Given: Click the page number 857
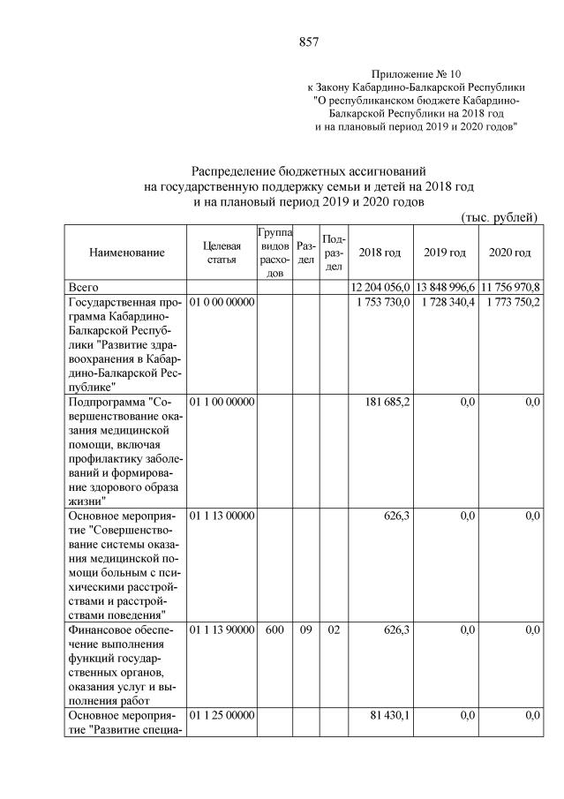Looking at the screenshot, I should pos(308,41).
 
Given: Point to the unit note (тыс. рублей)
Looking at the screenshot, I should pos(499,217).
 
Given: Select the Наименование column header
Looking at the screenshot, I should pos(126,253).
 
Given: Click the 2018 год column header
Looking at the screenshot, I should pos(380,253).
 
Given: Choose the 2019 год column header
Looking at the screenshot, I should pos(445,253).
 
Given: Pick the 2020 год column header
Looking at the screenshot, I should pos(509,253).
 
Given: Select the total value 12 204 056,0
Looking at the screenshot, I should pos(380,288).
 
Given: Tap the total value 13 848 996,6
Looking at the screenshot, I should pos(446,288).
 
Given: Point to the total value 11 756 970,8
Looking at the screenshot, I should pos(510,288).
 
